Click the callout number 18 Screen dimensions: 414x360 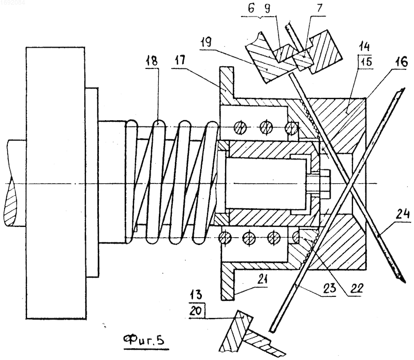click(152, 61)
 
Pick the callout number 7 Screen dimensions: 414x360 click(319, 8)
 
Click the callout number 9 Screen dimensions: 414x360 click(267, 8)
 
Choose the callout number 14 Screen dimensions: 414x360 click(364, 47)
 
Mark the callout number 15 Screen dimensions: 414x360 click(366, 62)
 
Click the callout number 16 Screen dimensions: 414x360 click(402, 62)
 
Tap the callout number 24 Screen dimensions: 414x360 click(404, 213)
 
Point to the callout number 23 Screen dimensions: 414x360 click(330, 288)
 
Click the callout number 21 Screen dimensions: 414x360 click(261, 280)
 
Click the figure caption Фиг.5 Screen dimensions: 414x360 click(144, 340)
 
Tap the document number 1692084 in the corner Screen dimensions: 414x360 click(12, 3)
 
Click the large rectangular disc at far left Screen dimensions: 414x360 click(55, 183)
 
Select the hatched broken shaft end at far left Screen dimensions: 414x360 click(16, 183)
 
